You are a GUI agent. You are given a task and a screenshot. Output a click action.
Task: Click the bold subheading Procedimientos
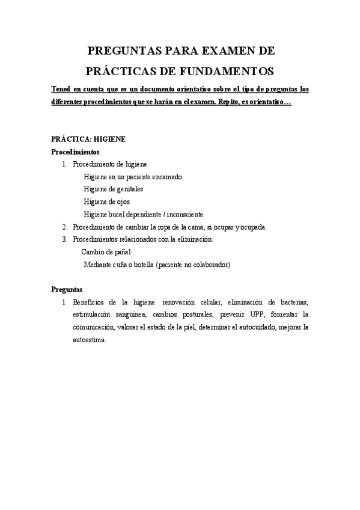point(75,152)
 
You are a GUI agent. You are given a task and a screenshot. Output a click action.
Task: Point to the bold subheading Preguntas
point(67,289)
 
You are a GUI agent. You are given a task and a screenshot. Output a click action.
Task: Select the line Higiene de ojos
point(106,201)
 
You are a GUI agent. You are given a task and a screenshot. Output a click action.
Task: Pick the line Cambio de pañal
point(106,251)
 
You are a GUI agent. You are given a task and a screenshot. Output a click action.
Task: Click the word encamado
point(165,177)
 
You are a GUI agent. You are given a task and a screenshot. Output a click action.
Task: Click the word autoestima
point(89,340)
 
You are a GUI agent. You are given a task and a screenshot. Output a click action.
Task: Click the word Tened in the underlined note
point(61,90)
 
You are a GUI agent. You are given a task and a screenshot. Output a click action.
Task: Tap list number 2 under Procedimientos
point(65,227)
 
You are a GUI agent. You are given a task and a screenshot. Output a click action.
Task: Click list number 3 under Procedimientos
point(65,239)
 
